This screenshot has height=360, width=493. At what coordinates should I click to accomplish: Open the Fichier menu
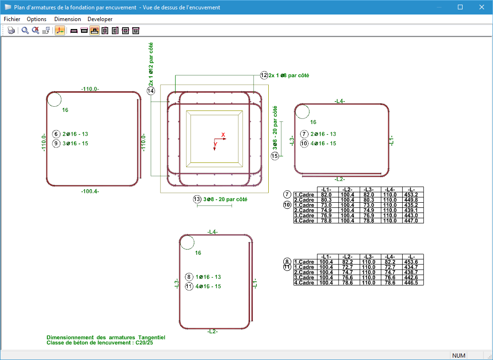point(12,19)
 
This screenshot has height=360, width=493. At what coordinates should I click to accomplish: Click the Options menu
point(37,19)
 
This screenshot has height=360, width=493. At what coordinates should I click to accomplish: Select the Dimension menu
point(67,19)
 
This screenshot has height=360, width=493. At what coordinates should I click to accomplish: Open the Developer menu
point(100,19)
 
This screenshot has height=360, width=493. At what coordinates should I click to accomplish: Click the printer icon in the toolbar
point(11,31)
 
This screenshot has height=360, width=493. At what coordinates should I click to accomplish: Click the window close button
point(482,7)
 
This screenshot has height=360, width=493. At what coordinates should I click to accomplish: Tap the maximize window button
point(460,7)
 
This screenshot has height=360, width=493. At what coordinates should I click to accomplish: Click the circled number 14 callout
point(151,91)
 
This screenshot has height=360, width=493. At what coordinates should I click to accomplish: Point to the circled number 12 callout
point(264,75)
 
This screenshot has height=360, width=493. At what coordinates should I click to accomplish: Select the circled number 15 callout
point(275,156)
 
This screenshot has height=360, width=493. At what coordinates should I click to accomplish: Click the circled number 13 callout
point(197,199)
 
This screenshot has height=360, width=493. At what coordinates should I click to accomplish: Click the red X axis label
point(223,135)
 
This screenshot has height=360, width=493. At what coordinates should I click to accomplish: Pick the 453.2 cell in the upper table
point(413,195)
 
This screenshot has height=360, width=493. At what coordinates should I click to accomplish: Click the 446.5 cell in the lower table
point(413,283)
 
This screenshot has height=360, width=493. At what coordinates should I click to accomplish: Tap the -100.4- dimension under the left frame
point(90,191)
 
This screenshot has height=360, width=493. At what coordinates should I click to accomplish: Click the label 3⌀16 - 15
point(75,143)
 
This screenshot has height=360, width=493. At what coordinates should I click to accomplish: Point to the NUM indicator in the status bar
point(458,356)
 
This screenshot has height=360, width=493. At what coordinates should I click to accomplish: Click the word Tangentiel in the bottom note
point(151,338)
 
